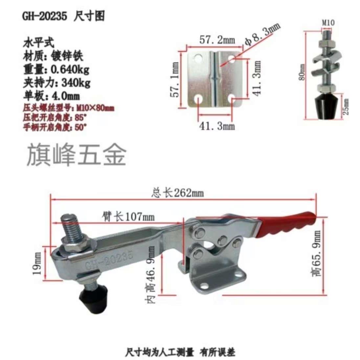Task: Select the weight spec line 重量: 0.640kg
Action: pyautogui.click(x=56, y=69)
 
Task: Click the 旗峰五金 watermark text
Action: pyautogui.click(x=76, y=155)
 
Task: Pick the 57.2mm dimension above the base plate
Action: pyautogui.click(x=217, y=40)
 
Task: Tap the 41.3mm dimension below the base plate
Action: pyautogui.click(x=217, y=126)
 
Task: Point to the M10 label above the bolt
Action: pyautogui.click(x=327, y=23)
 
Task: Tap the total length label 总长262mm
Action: pyautogui.click(x=177, y=192)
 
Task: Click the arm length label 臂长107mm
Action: pyautogui.click(x=128, y=216)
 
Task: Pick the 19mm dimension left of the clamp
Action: pyautogui.click(x=37, y=263)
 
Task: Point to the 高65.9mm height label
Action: pyautogui.click(x=317, y=253)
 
